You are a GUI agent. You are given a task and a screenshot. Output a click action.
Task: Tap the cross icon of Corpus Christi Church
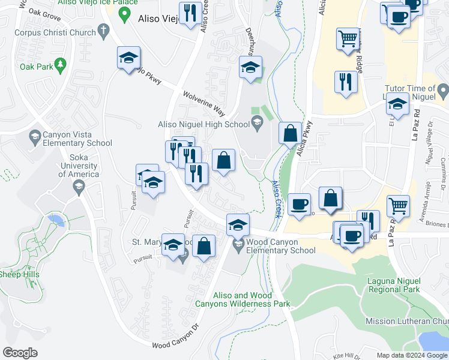tap(104, 29)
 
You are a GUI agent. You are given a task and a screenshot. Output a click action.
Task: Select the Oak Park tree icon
tap(59, 64)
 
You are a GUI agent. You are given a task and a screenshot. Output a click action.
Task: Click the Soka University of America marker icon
tap(78, 187)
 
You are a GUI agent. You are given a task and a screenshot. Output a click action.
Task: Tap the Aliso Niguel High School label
tap(203, 124)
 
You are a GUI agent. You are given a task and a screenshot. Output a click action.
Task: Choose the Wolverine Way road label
tap(204, 103)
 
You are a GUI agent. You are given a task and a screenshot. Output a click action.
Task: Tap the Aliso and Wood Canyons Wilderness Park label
tap(243, 299)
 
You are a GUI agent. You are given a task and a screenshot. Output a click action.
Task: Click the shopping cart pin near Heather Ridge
tap(348, 38)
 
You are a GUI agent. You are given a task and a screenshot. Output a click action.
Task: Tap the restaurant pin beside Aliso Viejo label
tap(191, 13)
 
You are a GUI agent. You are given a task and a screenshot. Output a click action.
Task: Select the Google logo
tap(20, 352)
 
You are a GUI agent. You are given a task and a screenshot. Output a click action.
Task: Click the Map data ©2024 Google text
tap(411, 355)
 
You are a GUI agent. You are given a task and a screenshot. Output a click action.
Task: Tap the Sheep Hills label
tap(19, 274)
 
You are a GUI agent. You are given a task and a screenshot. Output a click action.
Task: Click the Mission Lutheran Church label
tap(406, 322)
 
